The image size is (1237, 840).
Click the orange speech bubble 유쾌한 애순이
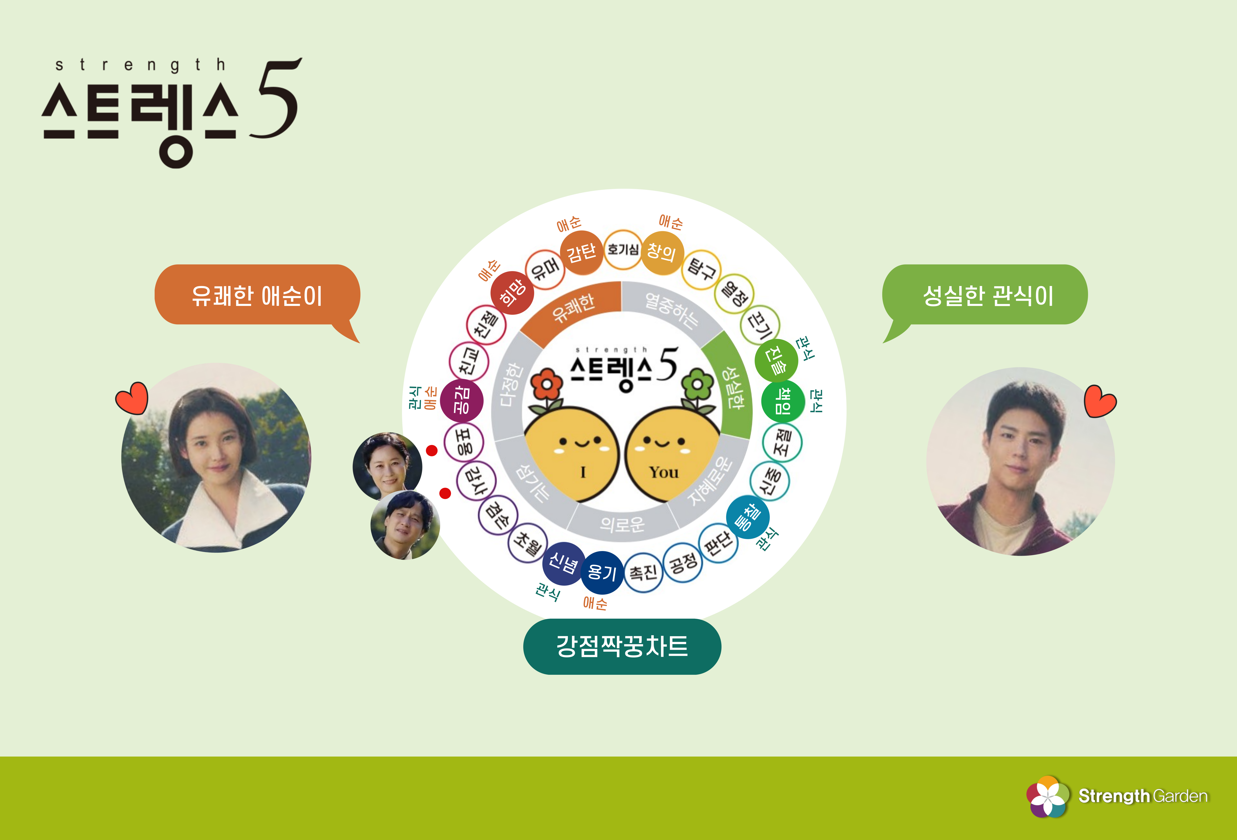(x=257, y=295)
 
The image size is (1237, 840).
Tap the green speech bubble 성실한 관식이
(x=985, y=295)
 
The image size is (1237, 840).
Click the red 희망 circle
(x=512, y=293)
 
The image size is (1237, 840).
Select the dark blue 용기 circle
(x=602, y=572)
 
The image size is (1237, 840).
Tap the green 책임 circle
(x=782, y=400)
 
